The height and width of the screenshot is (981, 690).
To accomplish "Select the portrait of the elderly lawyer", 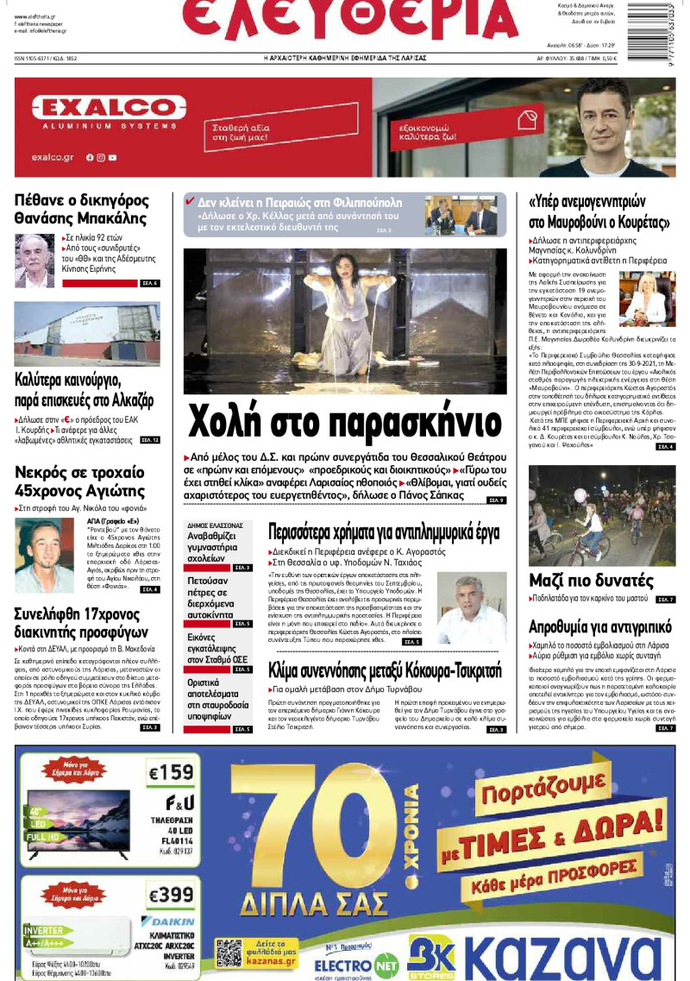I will pyautogui.click(x=35, y=260).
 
